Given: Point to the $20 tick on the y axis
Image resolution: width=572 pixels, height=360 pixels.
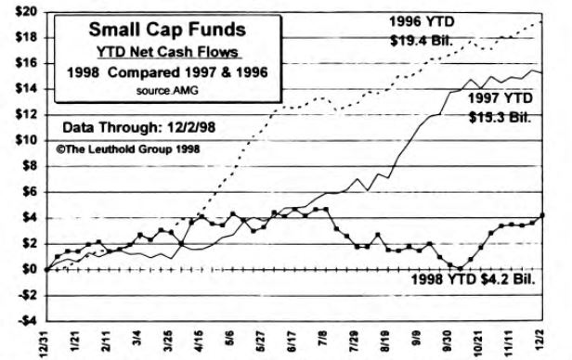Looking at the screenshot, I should pyautogui.click(x=24, y=10).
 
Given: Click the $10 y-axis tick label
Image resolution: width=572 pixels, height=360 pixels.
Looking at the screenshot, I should pyautogui.click(x=24, y=139).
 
